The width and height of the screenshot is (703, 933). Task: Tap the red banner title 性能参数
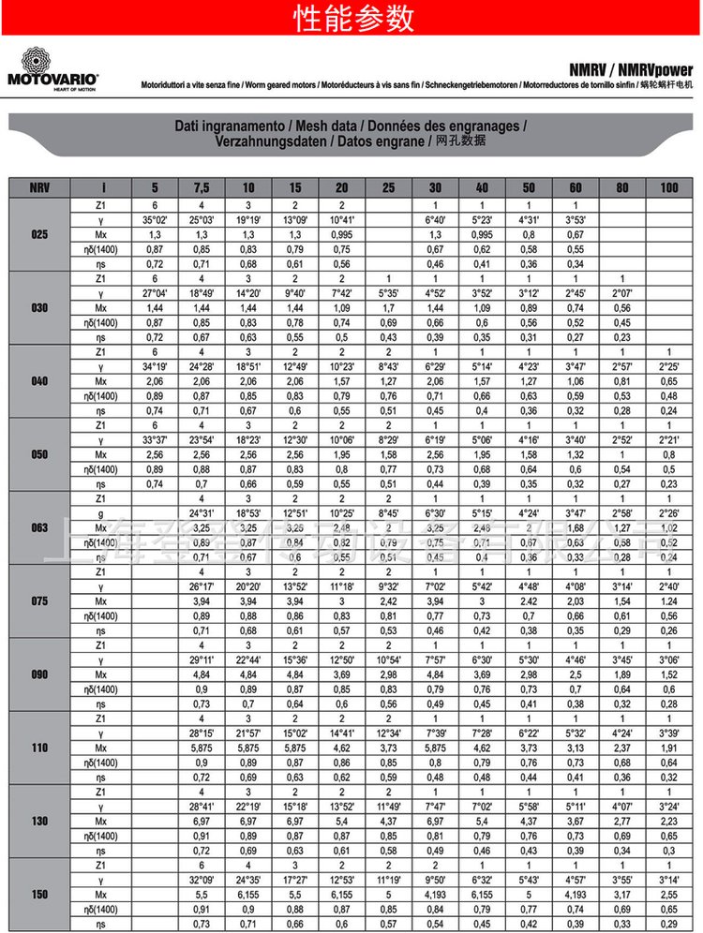(x=352, y=17)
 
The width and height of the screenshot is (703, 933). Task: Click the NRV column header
(x=39, y=187)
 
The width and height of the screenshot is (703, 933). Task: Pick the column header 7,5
(x=201, y=187)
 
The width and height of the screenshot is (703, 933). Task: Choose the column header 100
(x=668, y=187)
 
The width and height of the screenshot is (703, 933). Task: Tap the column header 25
(x=388, y=187)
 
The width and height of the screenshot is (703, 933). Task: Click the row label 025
(x=39, y=234)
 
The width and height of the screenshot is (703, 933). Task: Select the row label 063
(x=39, y=527)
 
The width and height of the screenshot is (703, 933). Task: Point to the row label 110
(x=39, y=747)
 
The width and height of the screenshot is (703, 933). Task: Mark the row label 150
(x=39, y=895)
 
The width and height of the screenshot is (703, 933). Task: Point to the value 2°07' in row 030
(x=621, y=293)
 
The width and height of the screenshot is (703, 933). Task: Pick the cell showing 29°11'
(x=201, y=659)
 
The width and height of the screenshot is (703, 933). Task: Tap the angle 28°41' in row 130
(x=201, y=806)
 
